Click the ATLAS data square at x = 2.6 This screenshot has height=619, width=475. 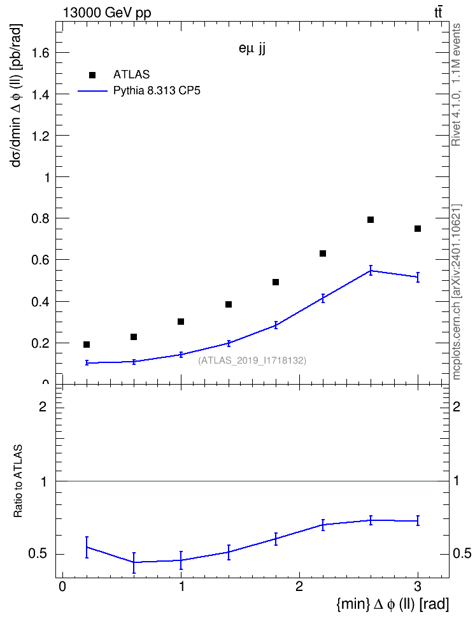click(x=371, y=220)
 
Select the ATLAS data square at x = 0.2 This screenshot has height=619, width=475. click(x=87, y=345)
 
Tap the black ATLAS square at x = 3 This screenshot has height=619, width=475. click(x=418, y=229)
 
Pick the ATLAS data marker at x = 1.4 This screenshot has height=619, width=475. click(x=229, y=304)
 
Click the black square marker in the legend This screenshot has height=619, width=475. click(x=92, y=75)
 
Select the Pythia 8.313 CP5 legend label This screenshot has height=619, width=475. click(x=157, y=91)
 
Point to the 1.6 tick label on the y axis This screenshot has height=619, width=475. click(x=41, y=52)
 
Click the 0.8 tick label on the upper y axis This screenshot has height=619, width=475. click(x=41, y=218)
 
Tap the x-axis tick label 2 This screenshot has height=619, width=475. click(x=299, y=587)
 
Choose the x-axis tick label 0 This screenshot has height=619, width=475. click(x=62, y=587)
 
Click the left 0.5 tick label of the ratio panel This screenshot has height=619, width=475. click(x=38, y=554)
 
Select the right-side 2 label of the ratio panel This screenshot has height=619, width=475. click(x=457, y=406)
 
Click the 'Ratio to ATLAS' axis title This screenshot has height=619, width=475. click(x=18, y=481)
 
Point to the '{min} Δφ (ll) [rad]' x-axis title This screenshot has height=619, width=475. click(x=392, y=604)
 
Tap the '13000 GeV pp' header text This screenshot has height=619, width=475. click(x=107, y=13)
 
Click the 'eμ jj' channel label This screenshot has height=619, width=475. click(x=252, y=48)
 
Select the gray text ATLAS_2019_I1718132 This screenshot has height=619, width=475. click(x=252, y=360)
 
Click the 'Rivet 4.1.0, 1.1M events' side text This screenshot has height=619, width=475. click(x=456, y=85)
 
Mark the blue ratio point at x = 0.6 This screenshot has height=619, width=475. click(x=134, y=562)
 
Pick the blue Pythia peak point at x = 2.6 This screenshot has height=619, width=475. click(x=371, y=271)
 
